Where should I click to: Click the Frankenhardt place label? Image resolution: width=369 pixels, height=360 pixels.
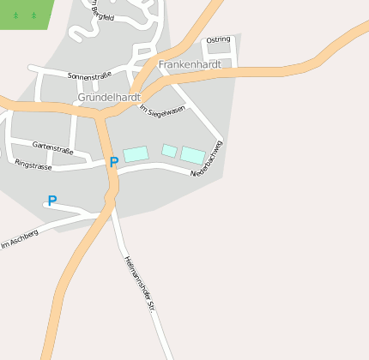coord(190,64)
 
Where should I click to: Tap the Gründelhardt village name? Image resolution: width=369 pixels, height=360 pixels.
coord(108,97)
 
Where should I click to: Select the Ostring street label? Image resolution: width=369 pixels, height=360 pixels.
coord(219,39)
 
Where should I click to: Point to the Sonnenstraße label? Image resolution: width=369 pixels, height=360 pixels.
coord(89,75)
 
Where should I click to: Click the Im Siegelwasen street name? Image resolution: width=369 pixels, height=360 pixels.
coord(162,110)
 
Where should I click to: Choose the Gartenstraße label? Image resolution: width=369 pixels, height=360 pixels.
coord(53,147)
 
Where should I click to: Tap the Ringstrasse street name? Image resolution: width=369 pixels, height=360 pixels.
coord(33,164)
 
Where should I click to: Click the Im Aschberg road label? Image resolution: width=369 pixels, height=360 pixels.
coord(20,239)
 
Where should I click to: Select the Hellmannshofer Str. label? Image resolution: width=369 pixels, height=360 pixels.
coord(138,283)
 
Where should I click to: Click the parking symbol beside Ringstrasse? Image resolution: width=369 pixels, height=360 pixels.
coord(114,162)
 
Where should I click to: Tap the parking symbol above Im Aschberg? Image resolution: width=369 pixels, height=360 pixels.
coord(51,201)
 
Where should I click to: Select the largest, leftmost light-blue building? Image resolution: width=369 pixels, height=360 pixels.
coord(136,154)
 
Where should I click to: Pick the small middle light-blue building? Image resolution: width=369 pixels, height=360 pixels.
coord(170,151)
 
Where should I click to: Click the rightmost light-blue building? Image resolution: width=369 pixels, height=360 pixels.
coord(193,155)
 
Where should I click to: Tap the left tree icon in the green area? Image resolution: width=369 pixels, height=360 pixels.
coord(15,15)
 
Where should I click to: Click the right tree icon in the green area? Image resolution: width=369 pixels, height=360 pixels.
coord(33,15)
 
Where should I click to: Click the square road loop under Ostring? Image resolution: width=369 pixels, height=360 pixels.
coord(217,51)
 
